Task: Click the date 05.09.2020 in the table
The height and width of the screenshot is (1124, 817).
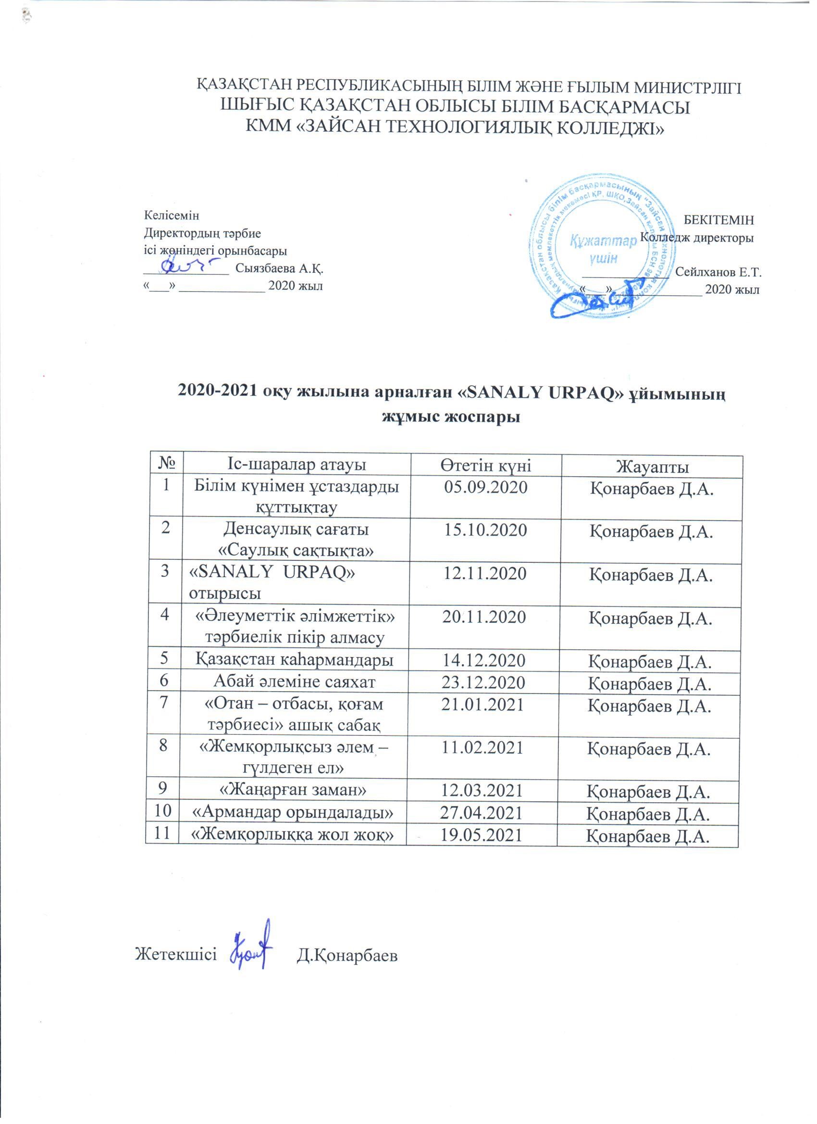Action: tap(486, 488)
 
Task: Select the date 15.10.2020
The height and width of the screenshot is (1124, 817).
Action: tap(486, 531)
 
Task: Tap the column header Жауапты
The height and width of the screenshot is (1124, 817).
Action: tap(652, 467)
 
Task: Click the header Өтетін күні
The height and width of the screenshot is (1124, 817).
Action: tap(486, 466)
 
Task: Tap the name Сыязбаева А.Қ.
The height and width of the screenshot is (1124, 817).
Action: tap(279, 269)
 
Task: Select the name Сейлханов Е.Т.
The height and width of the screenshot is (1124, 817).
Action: tap(718, 272)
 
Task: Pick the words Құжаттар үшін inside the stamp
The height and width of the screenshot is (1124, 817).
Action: tap(603, 249)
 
